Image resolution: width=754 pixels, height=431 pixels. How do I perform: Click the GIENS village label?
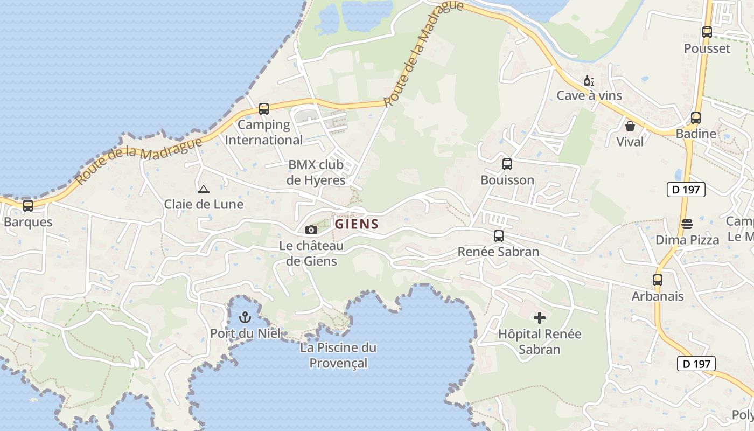[x=357, y=224]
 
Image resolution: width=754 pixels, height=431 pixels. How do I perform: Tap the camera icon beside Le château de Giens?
[x=311, y=230]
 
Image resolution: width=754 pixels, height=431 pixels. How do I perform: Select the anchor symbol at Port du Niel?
[x=245, y=317]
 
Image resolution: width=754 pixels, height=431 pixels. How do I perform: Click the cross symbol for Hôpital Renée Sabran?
[x=539, y=318]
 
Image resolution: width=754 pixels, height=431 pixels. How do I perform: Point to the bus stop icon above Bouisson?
[x=507, y=164]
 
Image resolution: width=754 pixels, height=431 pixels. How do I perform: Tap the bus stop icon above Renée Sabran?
[x=499, y=235]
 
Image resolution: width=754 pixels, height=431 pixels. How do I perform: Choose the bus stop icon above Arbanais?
[x=657, y=280]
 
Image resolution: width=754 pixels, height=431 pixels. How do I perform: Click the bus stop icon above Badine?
[x=696, y=118]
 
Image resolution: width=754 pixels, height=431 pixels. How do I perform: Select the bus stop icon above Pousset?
[x=707, y=32]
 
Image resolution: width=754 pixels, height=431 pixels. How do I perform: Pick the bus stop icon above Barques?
[x=28, y=205]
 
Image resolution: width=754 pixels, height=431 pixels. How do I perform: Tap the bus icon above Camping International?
[x=263, y=109]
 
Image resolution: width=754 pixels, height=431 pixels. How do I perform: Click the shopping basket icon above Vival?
[x=630, y=126]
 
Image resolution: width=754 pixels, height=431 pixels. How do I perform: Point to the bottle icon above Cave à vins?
[x=589, y=81]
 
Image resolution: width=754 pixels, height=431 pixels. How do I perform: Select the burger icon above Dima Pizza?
[x=687, y=224]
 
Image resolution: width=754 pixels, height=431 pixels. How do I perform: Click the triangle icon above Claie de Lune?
[x=203, y=189]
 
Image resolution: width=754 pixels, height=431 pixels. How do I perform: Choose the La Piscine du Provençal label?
[x=338, y=355]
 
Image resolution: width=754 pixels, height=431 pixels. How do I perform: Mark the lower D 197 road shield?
[x=696, y=364]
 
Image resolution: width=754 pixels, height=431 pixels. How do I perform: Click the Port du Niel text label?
[x=246, y=333]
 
